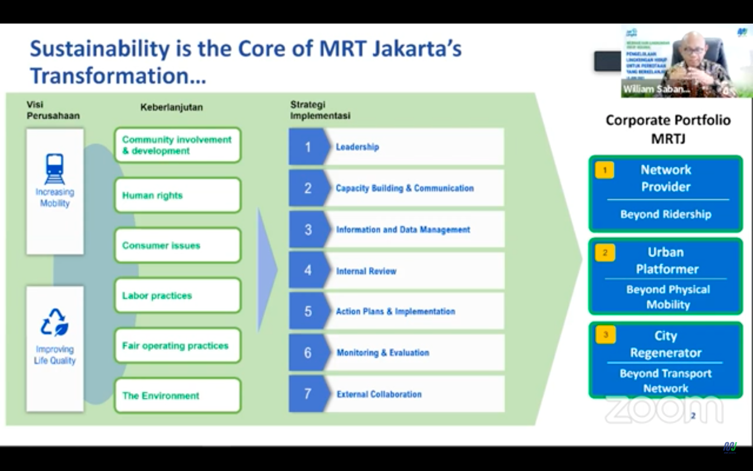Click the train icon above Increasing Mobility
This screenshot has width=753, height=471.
point(55,168)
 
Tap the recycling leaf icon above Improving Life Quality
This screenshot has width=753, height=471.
point(55,322)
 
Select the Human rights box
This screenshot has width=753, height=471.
point(177,195)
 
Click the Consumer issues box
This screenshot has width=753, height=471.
point(177,245)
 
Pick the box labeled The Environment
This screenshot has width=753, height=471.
point(177,396)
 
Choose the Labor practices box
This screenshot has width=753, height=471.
point(177,296)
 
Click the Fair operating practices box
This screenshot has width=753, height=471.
point(177,345)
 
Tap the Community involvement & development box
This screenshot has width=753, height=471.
point(177,145)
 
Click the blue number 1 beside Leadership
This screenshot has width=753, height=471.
point(307,147)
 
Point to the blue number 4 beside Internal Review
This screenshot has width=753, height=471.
point(307,271)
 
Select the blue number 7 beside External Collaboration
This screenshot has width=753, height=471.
point(307,394)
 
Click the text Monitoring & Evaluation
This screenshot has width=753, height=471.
point(383,353)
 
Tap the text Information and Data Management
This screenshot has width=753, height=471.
point(403,230)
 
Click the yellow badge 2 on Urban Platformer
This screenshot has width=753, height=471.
point(605,253)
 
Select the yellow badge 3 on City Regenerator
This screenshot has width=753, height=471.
point(606,335)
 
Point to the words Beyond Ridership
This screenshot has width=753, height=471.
point(666,215)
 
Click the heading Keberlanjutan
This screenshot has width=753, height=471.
point(172,107)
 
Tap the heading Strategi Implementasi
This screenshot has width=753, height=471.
point(320,110)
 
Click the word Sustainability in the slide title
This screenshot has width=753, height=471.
point(100,49)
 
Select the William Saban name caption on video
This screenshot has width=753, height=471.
point(656,89)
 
